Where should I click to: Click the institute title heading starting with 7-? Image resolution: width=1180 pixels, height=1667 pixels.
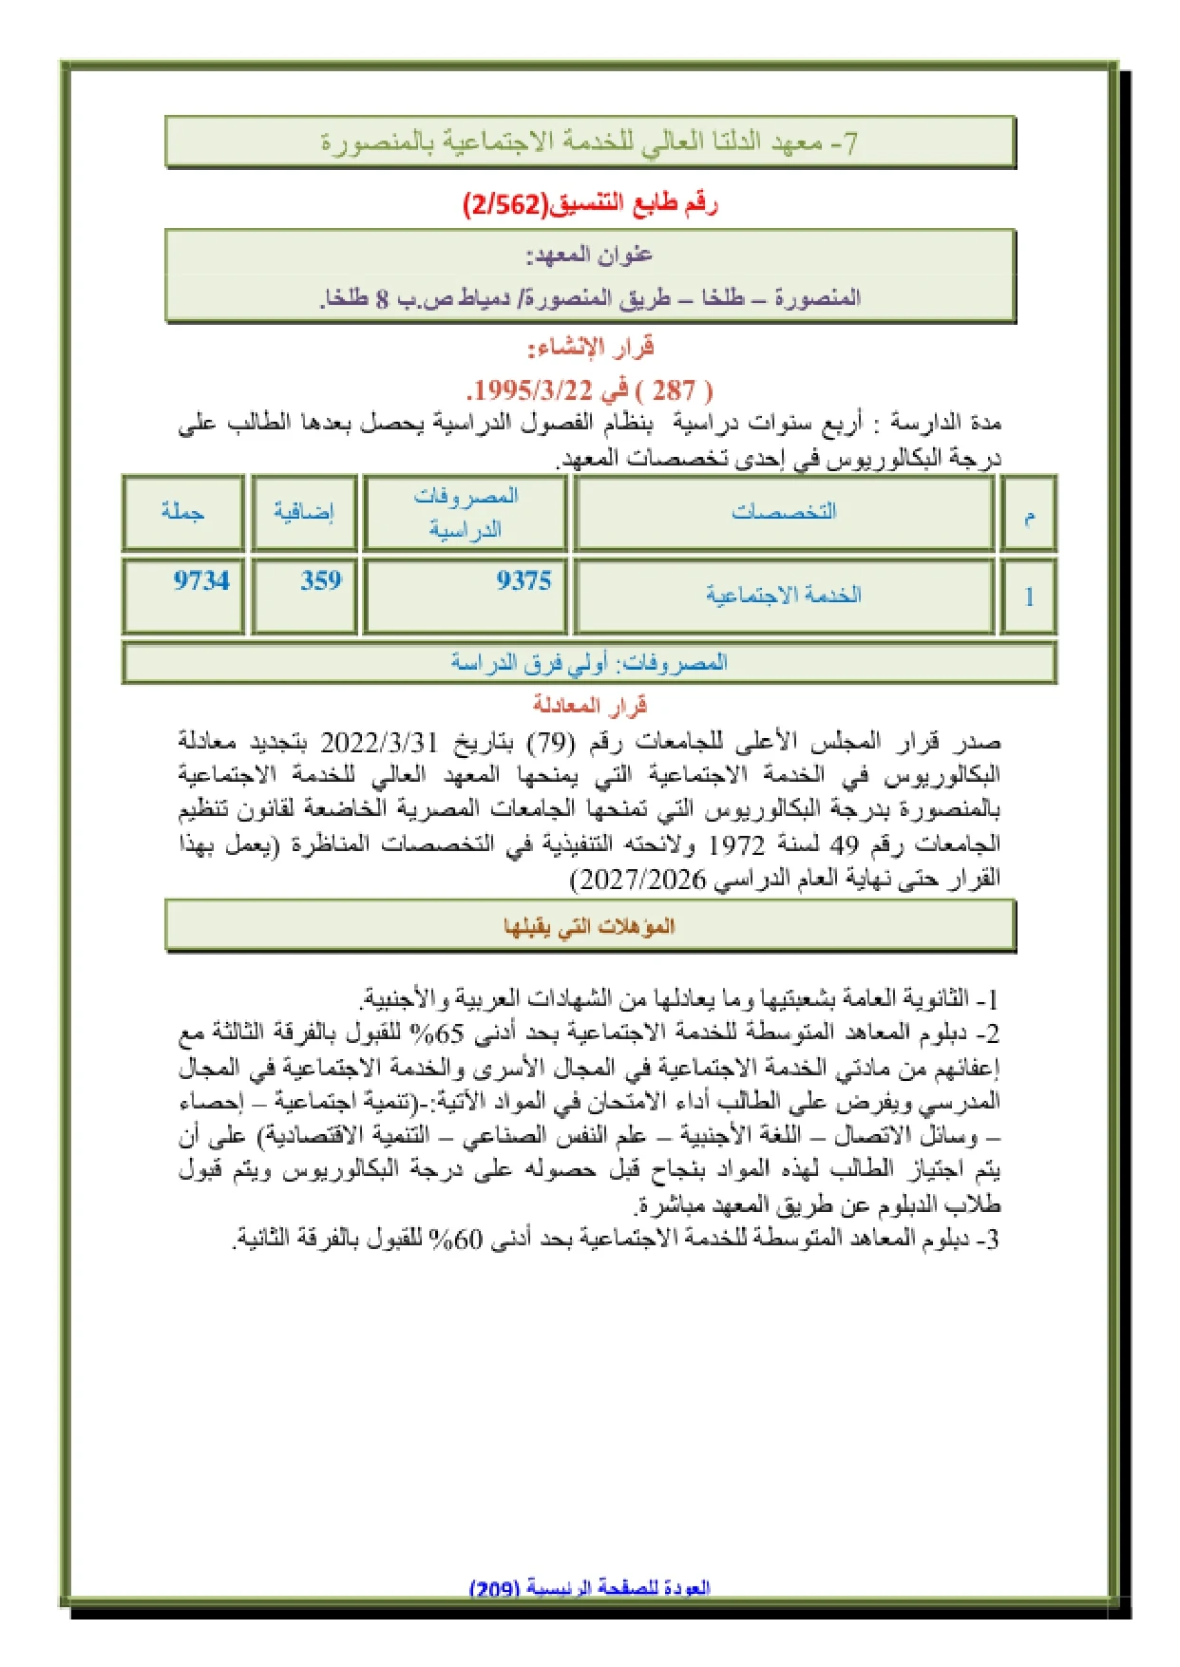[x=589, y=142]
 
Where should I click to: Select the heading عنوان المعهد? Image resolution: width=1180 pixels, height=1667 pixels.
[x=589, y=255]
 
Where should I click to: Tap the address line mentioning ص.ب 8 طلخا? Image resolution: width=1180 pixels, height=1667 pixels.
[x=589, y=298]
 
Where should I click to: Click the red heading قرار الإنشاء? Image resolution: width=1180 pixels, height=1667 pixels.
[x=590, y=347]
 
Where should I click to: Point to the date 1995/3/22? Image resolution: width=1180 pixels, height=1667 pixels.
[x=533, y=389]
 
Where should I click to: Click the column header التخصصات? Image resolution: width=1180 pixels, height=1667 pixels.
[x=784, y=511]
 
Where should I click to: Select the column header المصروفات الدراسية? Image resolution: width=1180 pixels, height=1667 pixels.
[x=466, y=512]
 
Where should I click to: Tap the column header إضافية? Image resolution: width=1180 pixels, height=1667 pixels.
[x=304, y=512]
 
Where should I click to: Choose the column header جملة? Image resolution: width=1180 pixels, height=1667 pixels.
[x=182, y=511]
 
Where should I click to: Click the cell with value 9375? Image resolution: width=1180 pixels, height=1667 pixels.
[x=523, y=580]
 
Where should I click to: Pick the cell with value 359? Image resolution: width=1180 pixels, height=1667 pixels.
[x=321, y=580]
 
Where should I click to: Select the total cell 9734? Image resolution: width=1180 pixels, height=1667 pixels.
[x=201, y=580]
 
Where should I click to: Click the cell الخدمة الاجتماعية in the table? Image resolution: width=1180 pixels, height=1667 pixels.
[x=784, y=595]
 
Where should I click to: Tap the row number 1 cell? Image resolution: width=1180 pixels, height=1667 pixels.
[x=1029, y=597]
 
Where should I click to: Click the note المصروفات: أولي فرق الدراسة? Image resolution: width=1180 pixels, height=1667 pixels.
[x=589, y=662]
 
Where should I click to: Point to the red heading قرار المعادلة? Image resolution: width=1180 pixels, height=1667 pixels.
[x=589, y=705]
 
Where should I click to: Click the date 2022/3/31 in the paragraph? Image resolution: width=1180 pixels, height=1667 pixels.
[x=380, y=741]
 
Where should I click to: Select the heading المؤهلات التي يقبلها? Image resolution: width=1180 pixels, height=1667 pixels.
[x=589, y=925]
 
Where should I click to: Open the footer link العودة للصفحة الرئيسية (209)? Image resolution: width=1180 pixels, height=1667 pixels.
[x=590, y=1587]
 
